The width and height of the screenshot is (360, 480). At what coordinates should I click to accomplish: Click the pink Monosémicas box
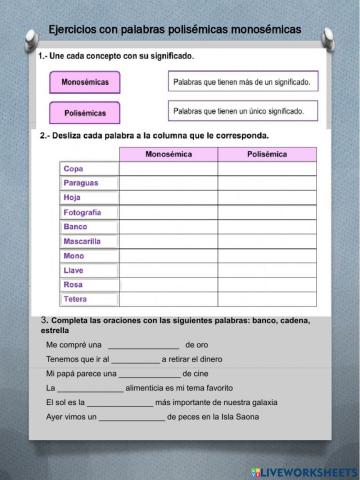pyautogui.click(x=85, y=81)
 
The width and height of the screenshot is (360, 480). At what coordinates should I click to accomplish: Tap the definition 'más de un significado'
pyautogui.click(x=241, y=80)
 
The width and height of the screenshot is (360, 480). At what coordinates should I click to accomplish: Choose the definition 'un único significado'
pyautogui.click(x=241, y=111)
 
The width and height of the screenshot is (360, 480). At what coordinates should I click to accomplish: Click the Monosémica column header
pyautogui.click(x=168, y=155)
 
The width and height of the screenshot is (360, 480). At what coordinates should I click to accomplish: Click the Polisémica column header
pyautogui.click(x=267, y=155)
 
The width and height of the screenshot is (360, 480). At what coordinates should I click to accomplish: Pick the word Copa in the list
pyautogui.click(x=74, y=170)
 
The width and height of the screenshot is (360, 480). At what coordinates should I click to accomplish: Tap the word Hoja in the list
pyautogui.click(x=73, y=198)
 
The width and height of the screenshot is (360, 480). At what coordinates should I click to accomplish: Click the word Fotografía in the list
pyautogui.click(x=83, y=213)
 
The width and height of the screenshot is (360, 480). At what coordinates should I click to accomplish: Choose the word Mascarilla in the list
pyautogui.click(x=83, y=241)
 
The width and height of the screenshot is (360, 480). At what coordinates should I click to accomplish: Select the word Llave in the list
pyautogui.click(x=74, y=270)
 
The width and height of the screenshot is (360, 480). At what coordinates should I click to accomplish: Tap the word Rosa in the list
pyautogui.click(x=74, y=284)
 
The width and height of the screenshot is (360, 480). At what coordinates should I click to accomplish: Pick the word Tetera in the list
pyautogui.click(x=76, y=299)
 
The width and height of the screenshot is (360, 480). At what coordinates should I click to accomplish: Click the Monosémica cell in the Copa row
pyautogui.click(x=168, y=170)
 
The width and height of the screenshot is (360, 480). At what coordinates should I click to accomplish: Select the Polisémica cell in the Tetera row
pyautogui.click(x=267, y=299)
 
